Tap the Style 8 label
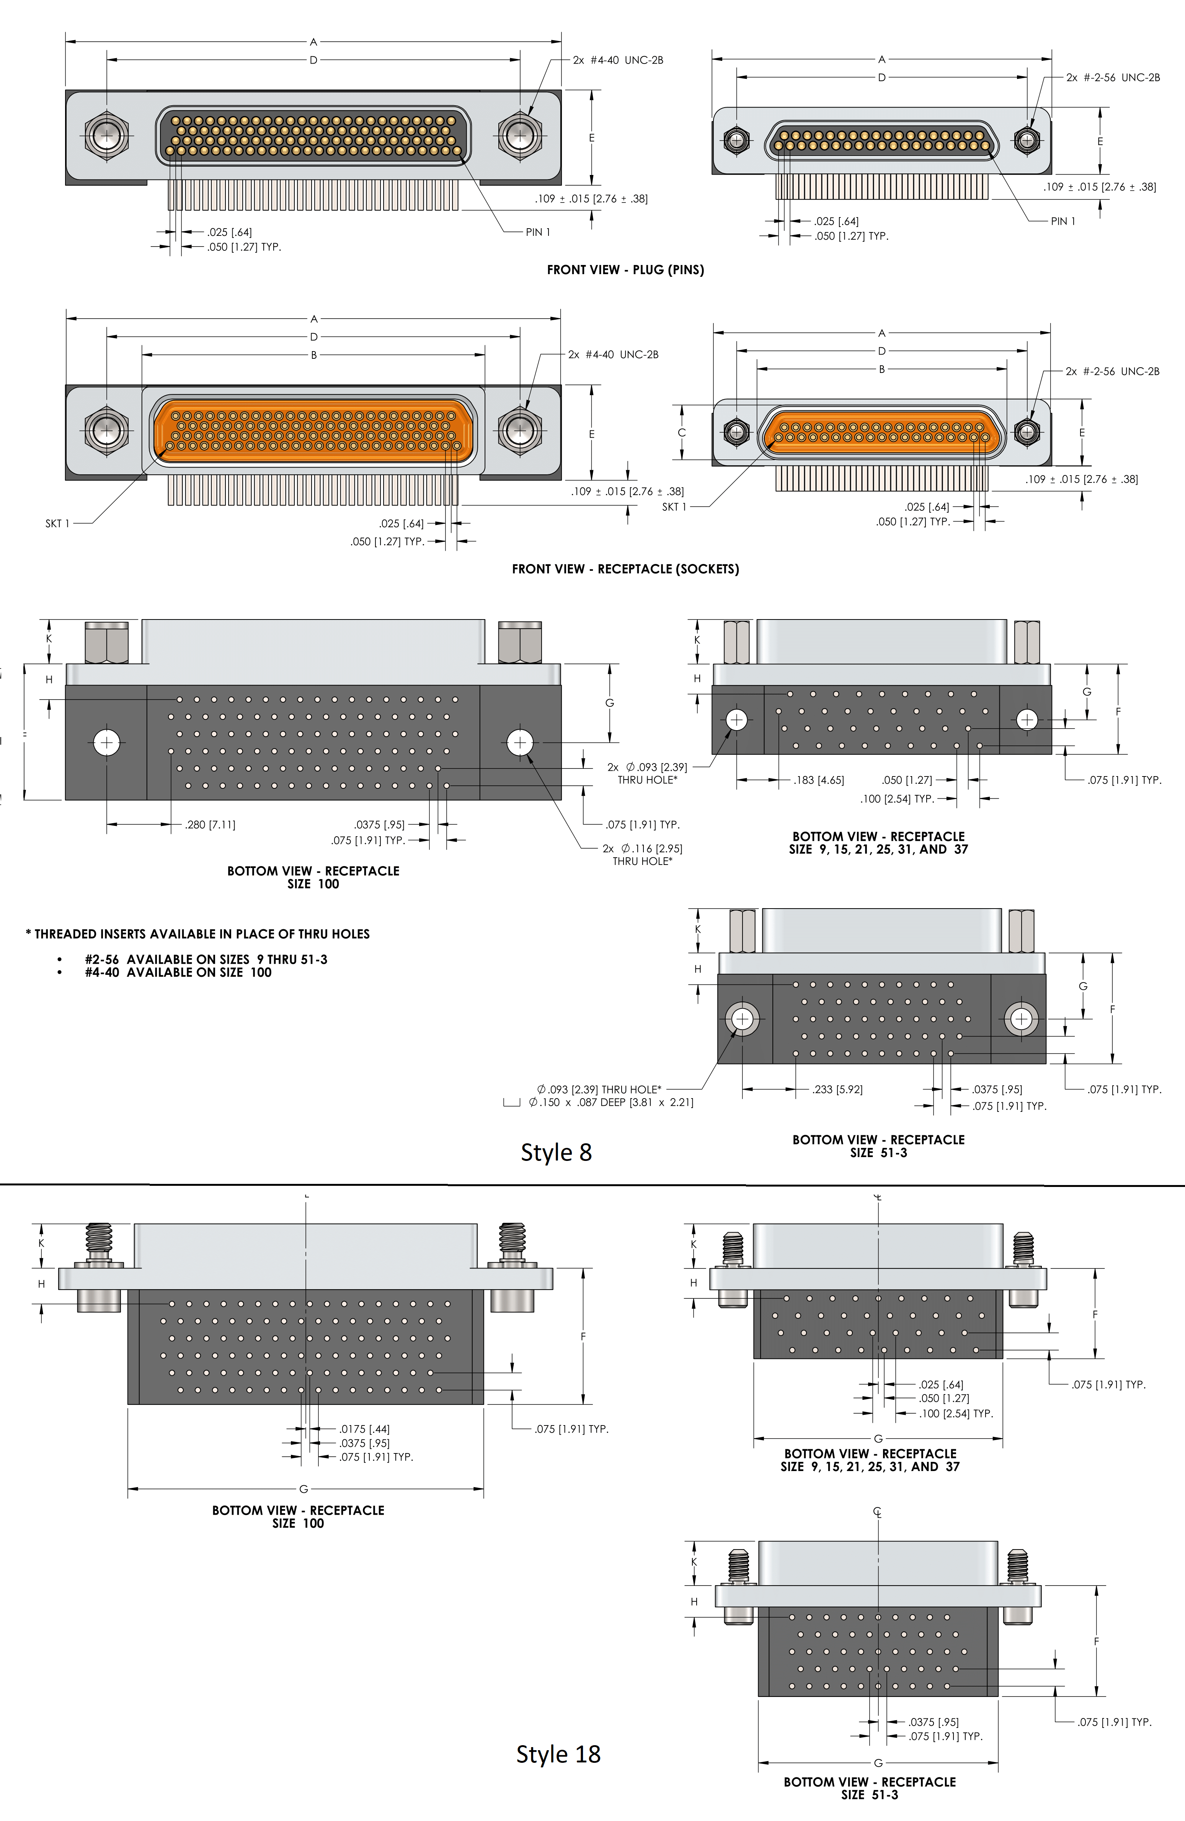(x=556, y=1152)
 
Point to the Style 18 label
(x=558, y=1754)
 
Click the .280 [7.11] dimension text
(x=211, y=825)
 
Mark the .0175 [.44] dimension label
(x=364, y=1429)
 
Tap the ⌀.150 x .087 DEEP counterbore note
(x=610, y=1103)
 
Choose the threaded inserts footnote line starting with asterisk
(x=197, y=934)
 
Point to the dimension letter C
(x=682, y=433)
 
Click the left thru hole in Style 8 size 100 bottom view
(x=106, y=742)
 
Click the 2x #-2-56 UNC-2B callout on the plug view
(x=1113, y=77)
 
